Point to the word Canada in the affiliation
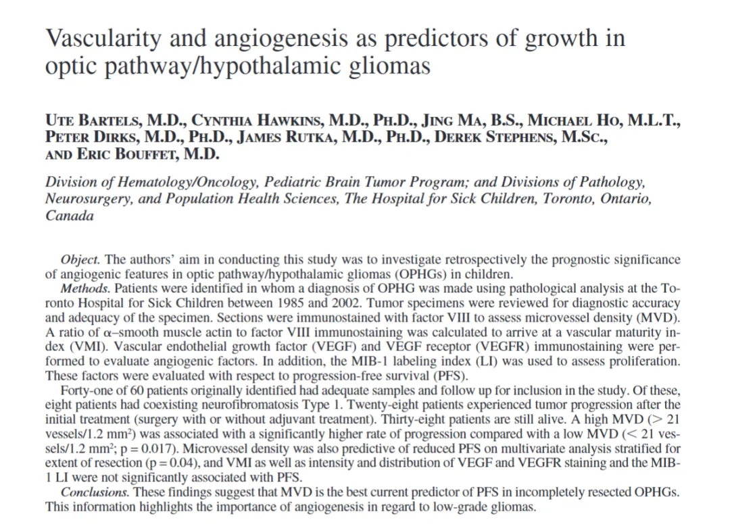tap(70, 216)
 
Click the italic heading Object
tap(81, 259)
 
